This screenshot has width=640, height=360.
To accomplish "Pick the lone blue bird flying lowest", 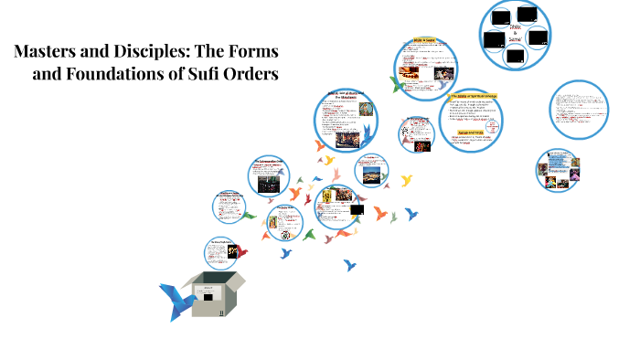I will [x=349, y=266].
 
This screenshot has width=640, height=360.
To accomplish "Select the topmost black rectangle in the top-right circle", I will [x=525, y=14].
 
